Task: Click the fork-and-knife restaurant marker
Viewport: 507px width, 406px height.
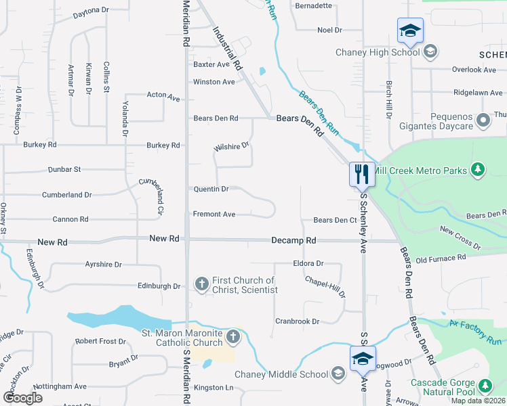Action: point(360,174)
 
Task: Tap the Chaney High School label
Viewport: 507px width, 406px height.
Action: point(378,52)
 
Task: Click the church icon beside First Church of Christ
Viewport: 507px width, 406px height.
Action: point(201,284)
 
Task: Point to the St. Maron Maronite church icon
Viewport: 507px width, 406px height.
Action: point(232,336)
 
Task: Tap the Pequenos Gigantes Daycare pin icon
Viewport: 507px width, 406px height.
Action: point(483,121)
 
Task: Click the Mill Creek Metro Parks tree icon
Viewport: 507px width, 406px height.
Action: point(478,168)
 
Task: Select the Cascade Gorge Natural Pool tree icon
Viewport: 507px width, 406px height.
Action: point(485,386)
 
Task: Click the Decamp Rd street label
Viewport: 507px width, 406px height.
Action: point(293,240)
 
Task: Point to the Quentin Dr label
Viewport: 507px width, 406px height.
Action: point(211,189)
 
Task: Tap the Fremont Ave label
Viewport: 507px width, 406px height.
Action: point(214,214)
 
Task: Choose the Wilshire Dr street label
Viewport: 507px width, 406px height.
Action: point(232,145)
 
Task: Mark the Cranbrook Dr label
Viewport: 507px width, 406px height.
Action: point(297,321)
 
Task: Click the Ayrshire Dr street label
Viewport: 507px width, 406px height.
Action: point(103,265)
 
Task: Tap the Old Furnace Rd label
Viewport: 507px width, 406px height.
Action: point(441,258)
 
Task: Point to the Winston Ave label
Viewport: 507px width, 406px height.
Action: point(214,82)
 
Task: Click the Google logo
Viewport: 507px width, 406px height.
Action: point(22,398)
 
